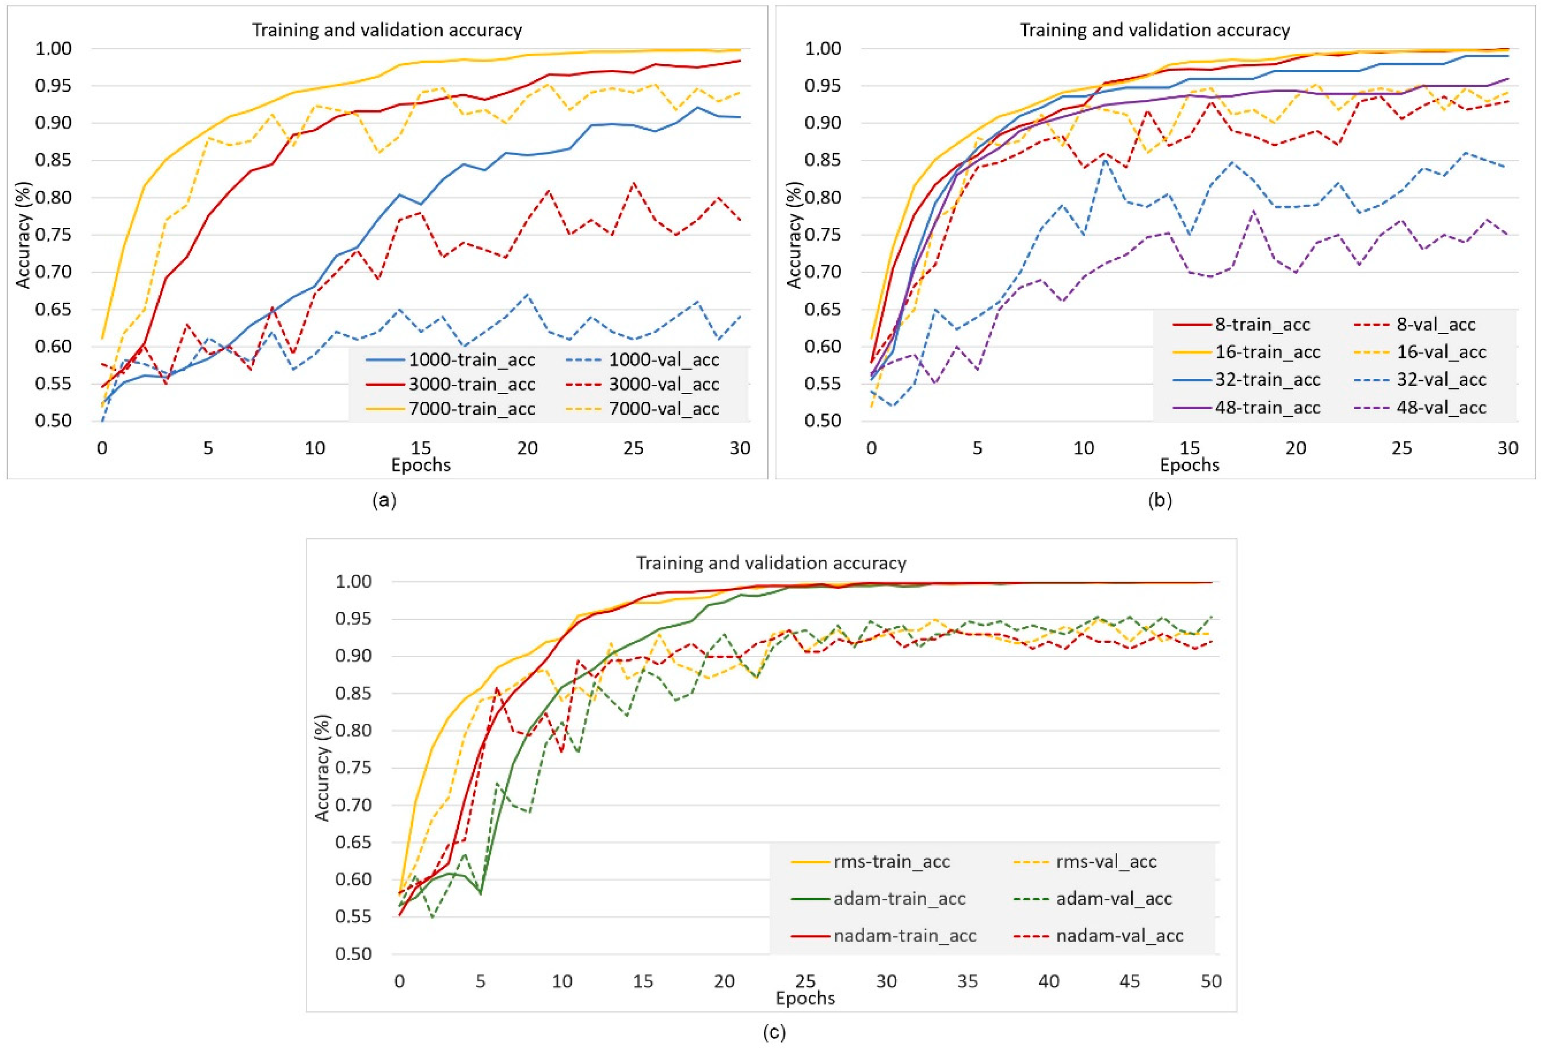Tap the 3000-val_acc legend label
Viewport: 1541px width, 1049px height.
point(664,384)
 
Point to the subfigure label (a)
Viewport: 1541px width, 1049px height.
point(385,500)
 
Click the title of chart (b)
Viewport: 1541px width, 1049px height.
point(1154,30)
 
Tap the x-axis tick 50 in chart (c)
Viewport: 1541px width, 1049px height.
point(1211,981)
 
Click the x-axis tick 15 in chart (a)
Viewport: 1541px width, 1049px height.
point(421,448)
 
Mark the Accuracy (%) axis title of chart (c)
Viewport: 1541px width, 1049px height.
point(322,768)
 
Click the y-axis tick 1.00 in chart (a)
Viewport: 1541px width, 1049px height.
point(53,49)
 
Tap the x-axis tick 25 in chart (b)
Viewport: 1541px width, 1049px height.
point(1402,448)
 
